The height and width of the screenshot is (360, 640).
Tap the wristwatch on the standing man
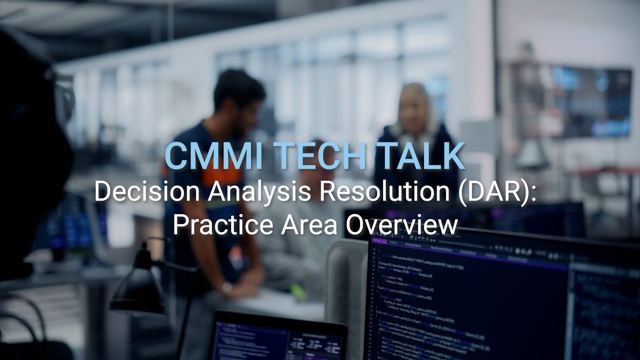(227, 287)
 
